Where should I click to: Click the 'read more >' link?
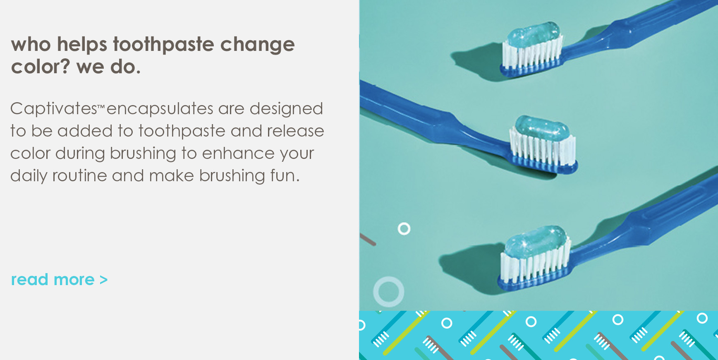[59, 280]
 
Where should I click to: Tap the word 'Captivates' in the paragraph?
[54, 109]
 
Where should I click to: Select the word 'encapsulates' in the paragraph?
[160, 109]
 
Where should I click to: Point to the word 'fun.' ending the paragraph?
[285, 175]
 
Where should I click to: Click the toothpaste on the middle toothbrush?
[542, 128]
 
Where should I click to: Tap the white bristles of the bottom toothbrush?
[535, 263]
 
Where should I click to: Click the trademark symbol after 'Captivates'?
[102, 107]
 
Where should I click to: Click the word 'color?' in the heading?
[41, 67]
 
